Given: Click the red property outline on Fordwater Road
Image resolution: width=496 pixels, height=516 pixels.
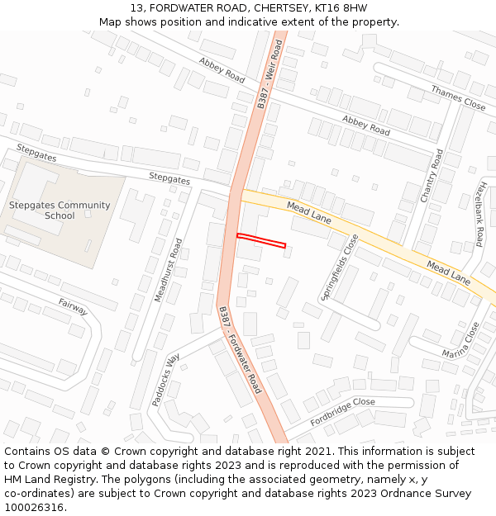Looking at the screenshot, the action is [261, 240].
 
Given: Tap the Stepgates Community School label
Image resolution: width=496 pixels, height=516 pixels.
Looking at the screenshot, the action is [60, 211].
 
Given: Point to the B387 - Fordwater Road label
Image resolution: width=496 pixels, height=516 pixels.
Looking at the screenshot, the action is [240, 349].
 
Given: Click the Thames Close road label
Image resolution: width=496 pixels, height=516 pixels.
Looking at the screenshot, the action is [457, 98].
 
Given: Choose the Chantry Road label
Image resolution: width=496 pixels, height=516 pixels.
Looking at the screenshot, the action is [432, 176].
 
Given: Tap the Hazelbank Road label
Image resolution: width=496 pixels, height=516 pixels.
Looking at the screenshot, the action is [479, 215].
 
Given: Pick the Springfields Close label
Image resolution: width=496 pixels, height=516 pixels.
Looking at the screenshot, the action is [340, 267].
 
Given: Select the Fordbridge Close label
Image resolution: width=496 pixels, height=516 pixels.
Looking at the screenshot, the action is [342, 411].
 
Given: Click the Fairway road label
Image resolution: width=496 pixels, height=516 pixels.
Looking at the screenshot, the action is [73, 306].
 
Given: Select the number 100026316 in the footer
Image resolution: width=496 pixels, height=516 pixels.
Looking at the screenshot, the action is [34, 507].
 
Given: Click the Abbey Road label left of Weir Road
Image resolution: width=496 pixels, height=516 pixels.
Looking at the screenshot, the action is [222, 69].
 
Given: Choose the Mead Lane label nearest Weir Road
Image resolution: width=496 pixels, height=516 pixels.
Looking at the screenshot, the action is [308, 211].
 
